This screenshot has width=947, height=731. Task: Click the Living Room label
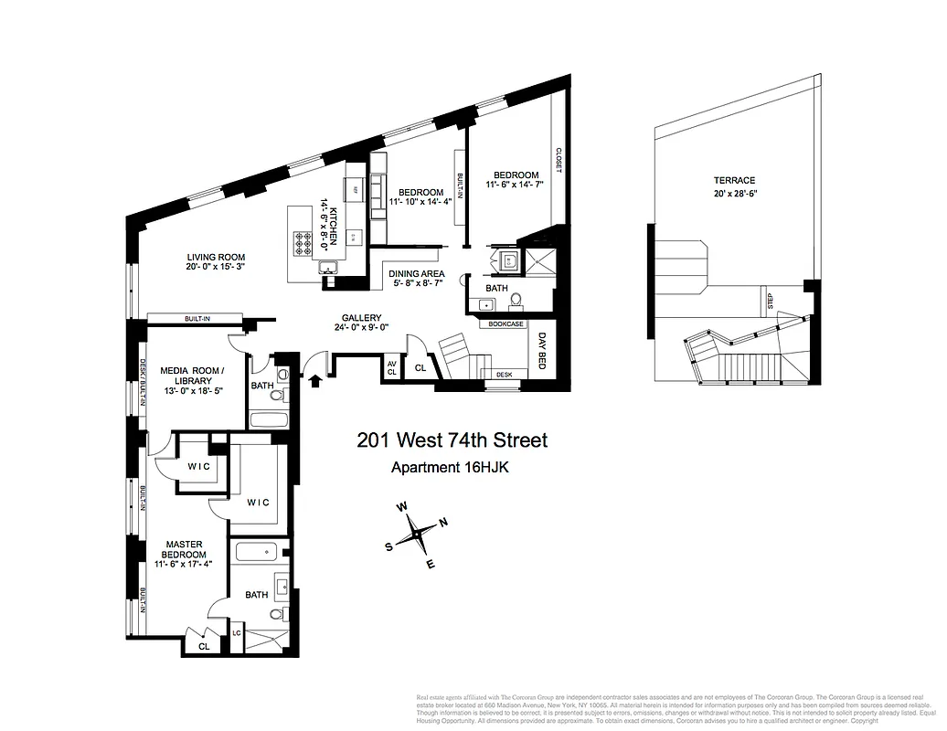coord(217,258)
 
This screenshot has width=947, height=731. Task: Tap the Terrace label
coord(734,181)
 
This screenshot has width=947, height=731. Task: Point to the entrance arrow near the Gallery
coord(316,378)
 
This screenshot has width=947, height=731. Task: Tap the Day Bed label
coord(542,348)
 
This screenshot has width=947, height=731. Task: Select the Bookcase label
coord(505,323)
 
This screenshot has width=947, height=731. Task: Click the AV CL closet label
coord(392,367)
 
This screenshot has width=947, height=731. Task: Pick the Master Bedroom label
coord(186,549)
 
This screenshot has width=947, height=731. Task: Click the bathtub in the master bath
coord(255,552)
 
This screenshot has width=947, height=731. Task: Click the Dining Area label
coord(417,273)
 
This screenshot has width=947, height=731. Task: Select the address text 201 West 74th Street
coord(452,441)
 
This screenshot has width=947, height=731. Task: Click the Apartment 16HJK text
coord(451,468)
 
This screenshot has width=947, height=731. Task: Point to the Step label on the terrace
coord(770,301)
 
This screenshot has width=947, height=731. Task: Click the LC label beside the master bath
coord(236,632)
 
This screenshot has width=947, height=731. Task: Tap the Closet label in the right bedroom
coord(557,164)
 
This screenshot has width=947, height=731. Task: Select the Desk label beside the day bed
coord(504,375)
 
